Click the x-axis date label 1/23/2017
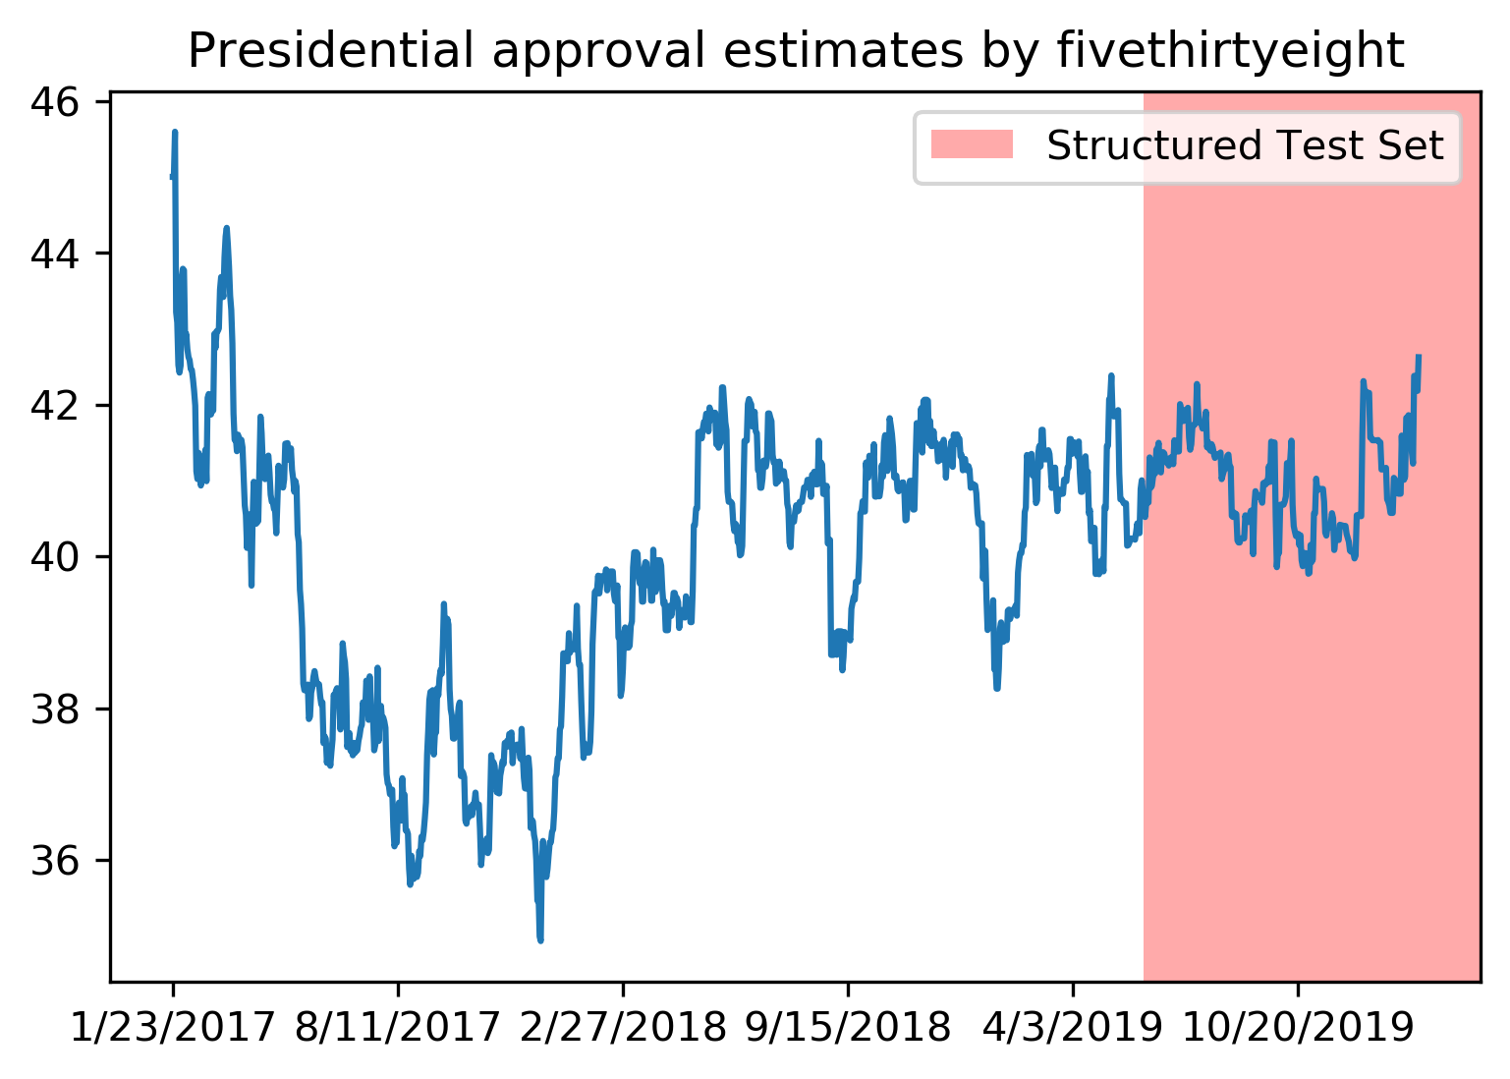coord(173,1028)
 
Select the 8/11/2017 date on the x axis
coord(398,1028)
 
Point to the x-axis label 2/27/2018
coord(623,1028)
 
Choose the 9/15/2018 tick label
coord(848,1028)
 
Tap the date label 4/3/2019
coord(1073,1028)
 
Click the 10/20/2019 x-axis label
coord(1298,1028)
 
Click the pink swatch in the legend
coord(971,145)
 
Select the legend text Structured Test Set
coord(1245,145)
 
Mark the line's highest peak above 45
coord(175,132)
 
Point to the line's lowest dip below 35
coord(540,939)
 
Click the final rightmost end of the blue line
coord(1419,356)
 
